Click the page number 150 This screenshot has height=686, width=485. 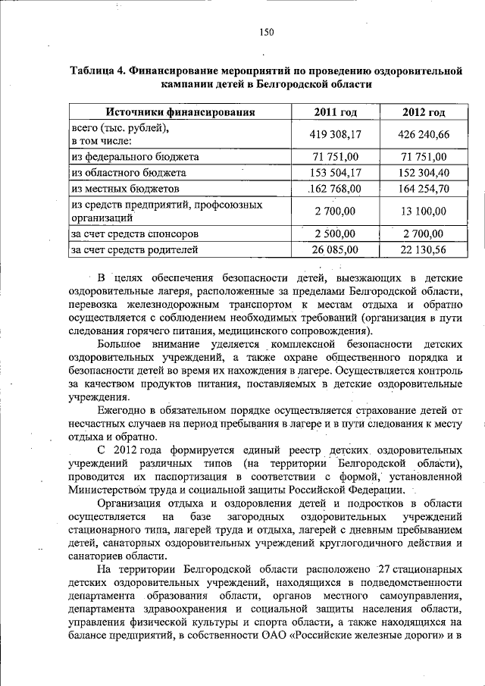click(266, 32)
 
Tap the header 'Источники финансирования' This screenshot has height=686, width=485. click(180, 114)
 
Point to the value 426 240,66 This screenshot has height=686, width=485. click(423, 135)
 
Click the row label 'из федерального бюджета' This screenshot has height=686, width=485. click(135, 157)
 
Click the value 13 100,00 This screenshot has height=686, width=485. click(423, 211)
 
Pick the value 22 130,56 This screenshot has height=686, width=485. click(423, 248)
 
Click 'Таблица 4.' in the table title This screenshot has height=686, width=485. click(98, 71)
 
